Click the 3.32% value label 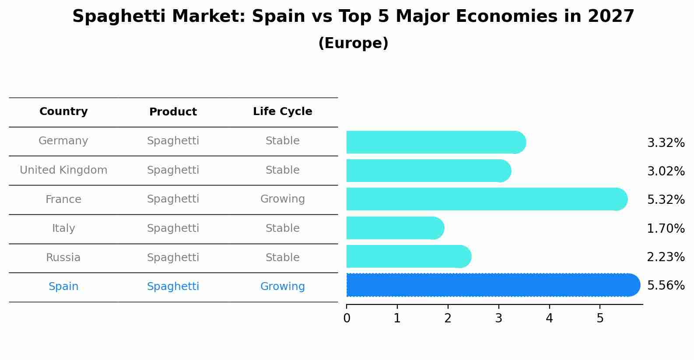click(666, 143)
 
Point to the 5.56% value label click(666, 286)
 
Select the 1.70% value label click(666, 228)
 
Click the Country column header click(63, 112)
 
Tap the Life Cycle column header click(282, 112)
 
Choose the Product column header click(173, 112)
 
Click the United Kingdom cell click(63, 170)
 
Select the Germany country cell click(63, 141)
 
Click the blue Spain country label click(63, 287)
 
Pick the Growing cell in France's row click(282, 199)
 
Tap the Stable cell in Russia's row click(282, 258)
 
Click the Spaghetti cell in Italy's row click(173, 228)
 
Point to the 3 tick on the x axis click(498, 318)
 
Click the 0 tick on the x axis click(347, 318)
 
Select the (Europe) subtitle click(353, 43)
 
